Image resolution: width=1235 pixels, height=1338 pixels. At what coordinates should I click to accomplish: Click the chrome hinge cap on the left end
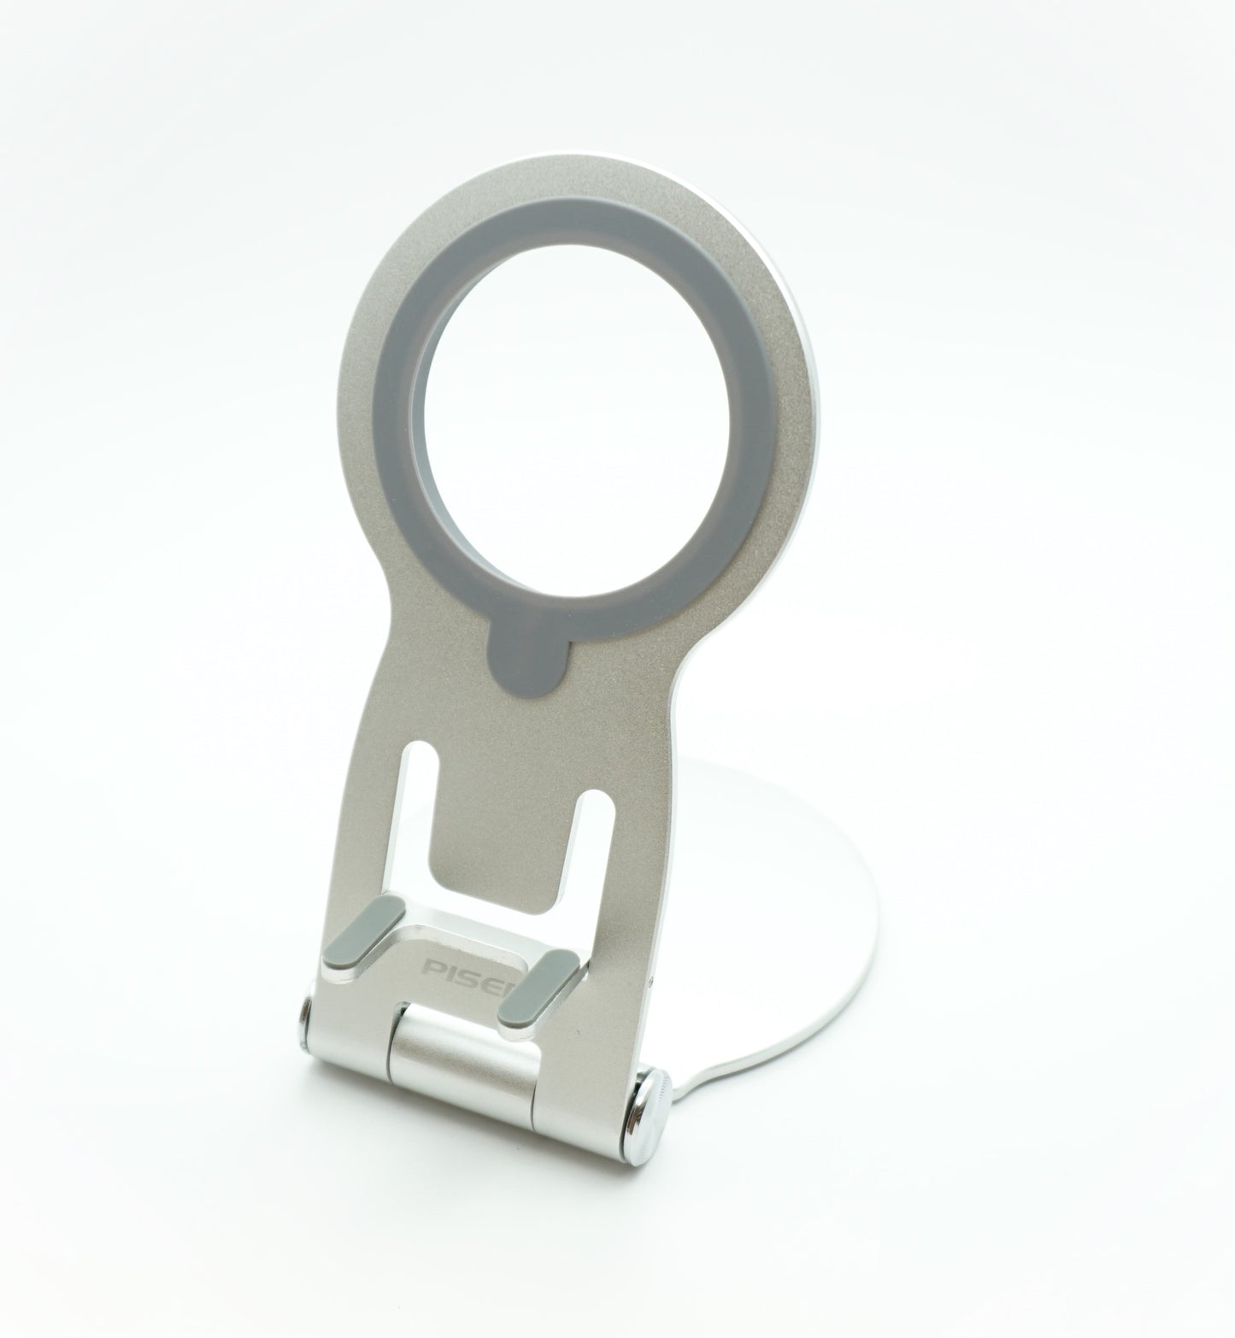click(304, 1022)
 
